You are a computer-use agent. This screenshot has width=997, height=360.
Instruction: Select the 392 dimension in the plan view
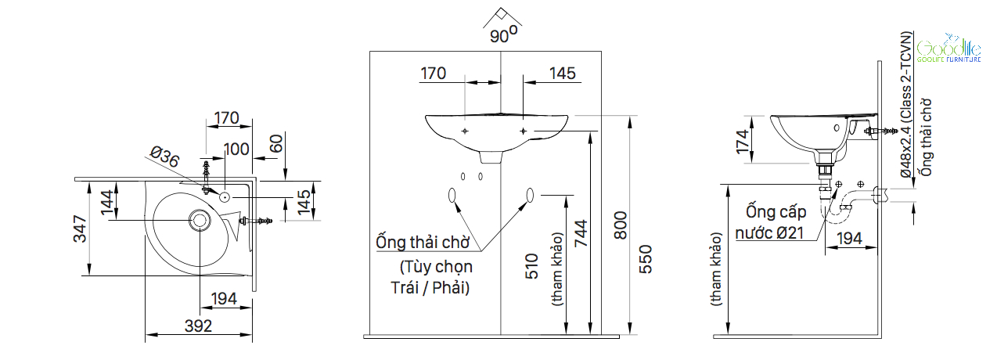[x=200, y=326]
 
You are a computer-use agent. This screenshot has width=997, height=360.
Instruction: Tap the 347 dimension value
[x=81, y=228]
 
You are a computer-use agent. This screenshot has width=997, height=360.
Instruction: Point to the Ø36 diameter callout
[x=164, y=158]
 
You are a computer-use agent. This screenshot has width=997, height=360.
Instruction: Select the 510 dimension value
[x=534, y=269]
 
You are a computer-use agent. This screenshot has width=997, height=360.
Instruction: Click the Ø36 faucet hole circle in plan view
[x=225, y=197]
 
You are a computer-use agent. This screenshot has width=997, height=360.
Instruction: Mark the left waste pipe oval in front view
[x=452, y=196]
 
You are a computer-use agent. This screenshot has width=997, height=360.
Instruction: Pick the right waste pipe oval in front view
[x=530, y=196]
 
